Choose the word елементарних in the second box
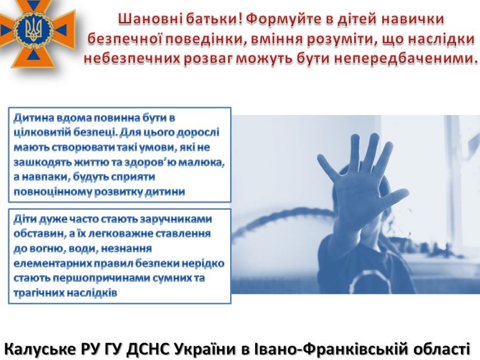48,263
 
